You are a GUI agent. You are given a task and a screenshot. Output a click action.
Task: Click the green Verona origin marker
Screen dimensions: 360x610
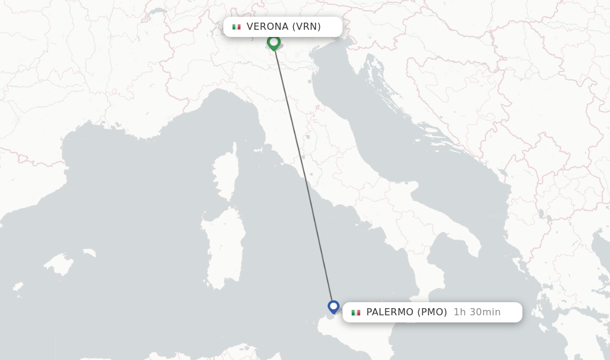click(x=273, y=42)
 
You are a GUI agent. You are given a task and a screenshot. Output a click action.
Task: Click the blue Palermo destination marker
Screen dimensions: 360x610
click(x=334, y=307)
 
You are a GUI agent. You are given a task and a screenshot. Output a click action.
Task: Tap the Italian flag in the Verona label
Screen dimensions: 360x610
click(x=236, y=27)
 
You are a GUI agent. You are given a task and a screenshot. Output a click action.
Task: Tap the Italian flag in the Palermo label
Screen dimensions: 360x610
click(x=356, y=312)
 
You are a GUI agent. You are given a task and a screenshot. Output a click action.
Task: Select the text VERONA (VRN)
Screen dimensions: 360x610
click(x=284, y=27)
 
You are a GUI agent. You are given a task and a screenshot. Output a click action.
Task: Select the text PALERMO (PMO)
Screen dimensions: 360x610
click(x=406, y=312)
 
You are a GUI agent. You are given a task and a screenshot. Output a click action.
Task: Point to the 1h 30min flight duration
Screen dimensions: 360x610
click(x=477, y=312)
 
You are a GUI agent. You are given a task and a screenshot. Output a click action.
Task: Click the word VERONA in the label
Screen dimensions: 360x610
click(x=267, y=27)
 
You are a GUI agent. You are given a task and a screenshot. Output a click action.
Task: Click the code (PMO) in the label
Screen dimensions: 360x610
click(x=432, y=312)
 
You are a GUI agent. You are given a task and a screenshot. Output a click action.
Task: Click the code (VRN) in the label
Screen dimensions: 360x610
click(x=306, y=27)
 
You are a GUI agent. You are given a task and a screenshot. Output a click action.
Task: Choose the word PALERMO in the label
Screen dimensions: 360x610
click(x=390, y=312)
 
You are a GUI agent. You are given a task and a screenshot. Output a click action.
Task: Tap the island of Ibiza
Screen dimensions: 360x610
click(x=18, y=288)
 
